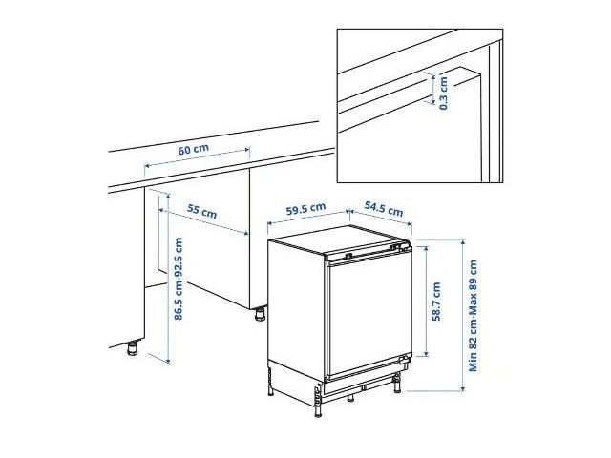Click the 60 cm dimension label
[x=193, y=149]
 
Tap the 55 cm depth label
[x=201, y=211]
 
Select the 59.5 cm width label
[x=305, y=208]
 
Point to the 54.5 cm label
[x=384, y=209]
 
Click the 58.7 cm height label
[x=436, y=302]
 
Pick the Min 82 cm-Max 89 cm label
[x=473, y=316]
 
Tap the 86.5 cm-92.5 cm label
[x=179, y=279]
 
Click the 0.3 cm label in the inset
[x=443, y=94]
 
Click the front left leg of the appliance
[x=318, y=405]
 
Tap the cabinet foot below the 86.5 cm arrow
[x=133, y=347]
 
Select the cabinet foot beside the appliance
[x=260, y=314]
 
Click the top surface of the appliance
[x=339, y=239]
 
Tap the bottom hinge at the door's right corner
[x=406, y=360]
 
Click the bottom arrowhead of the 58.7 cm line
[x=426, y=353]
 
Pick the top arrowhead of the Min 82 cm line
[x=463, y=242]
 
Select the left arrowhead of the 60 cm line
[x=147, y=165]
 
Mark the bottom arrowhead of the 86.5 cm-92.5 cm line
[x=168, y=361]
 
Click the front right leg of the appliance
[x=397, y=384]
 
